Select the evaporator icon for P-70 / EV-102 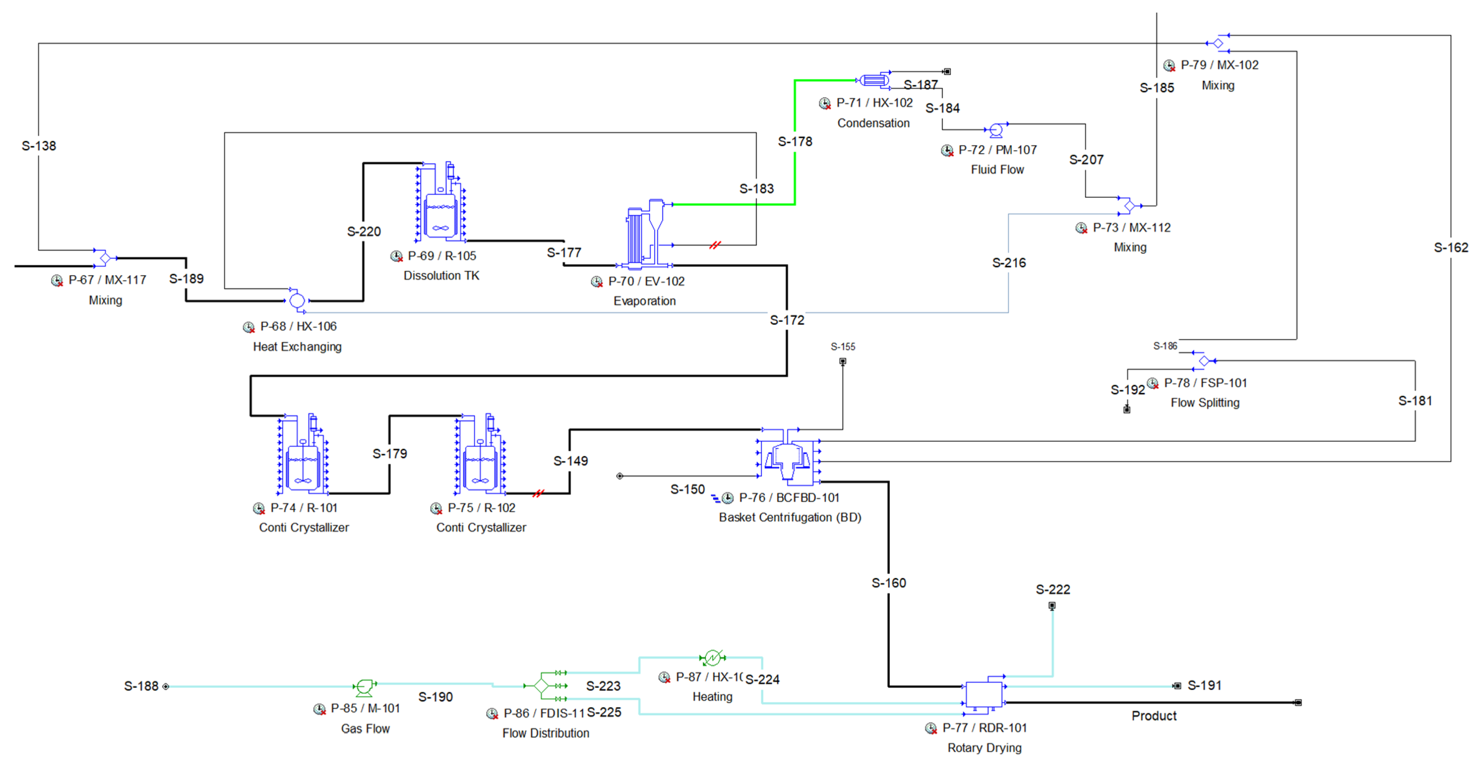click(x=644, y=235)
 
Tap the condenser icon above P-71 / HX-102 click(x=874, y=80)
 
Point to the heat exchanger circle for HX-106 click(x=297, y=300)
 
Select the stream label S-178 click(x=795, y=141)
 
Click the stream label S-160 click(x=889, y=583)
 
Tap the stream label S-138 click(x=39, y=146)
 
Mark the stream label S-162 click(x=1451, y=247)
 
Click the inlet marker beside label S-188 click(x=166, y=686)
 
